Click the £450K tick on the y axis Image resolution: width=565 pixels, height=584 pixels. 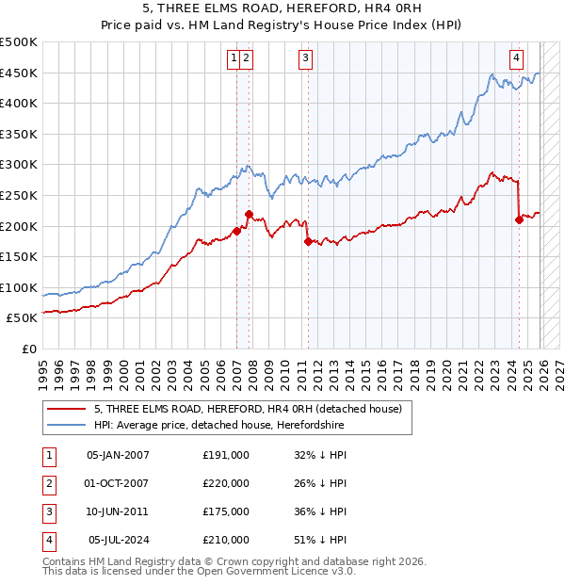[19, 73]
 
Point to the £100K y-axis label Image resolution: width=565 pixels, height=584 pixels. [19, 287]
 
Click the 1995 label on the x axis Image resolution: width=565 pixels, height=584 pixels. [42, 365]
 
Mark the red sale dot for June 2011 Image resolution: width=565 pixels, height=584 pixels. [308, 241]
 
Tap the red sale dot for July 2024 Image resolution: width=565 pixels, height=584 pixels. [519, 220]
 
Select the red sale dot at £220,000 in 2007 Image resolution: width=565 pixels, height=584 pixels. [249, 214]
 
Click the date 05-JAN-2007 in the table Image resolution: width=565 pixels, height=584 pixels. [118, 454]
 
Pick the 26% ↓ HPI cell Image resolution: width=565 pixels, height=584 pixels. [320, 483]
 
